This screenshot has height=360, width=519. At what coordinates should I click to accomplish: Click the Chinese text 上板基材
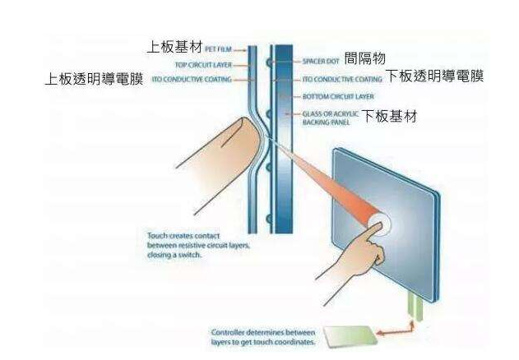coord(175,47)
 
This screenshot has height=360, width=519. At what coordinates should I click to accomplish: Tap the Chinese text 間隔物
coord(367,59)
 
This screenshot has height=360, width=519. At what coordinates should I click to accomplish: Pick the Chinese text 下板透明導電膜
coord(435,77)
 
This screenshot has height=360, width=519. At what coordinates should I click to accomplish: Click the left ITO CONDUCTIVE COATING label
coord(192,80)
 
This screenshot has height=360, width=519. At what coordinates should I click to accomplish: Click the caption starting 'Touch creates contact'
coord(191,245)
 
